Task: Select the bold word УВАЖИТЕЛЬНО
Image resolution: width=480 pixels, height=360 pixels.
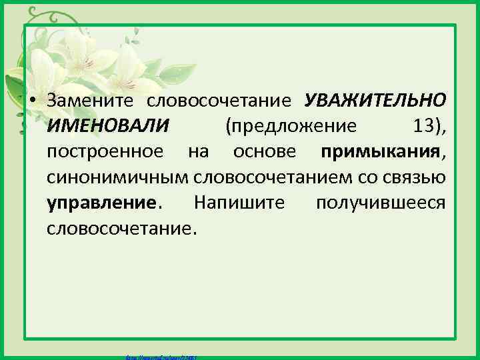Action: coord(375,101)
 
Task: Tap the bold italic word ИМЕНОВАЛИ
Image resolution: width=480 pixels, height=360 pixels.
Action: coord(108,126)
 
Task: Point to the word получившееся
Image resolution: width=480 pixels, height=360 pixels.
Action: coord(380,203)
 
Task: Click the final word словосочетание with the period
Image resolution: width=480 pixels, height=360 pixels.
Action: coord(122,228)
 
